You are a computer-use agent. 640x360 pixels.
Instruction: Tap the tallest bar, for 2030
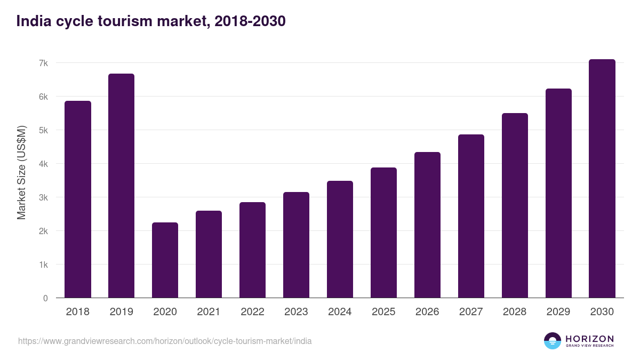(x=602, y=179)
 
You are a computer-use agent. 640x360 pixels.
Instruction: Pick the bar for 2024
(x=340, y=239)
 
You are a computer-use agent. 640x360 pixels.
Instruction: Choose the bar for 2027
(x=471, y=216)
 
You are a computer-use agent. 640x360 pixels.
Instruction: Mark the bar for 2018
(x=78, y=199)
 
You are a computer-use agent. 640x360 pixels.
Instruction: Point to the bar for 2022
(x=252, y=250)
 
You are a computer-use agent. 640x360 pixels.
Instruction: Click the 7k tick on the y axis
(x=43, y=63)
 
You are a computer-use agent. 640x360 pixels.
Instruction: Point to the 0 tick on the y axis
(x=45, y=298)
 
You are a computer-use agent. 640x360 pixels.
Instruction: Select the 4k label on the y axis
(x=43, y=164)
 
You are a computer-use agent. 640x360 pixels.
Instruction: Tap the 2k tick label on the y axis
(x=43, y=231)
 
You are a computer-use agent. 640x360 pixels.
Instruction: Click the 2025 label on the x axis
(x=383, y=312)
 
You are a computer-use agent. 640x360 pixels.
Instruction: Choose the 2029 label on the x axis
(x=558, y=312)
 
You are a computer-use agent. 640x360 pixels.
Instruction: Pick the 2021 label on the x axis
(x=209, y=312)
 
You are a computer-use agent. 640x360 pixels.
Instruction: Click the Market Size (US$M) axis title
(x=21, y=172)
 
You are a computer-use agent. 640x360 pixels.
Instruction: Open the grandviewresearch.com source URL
(x=165, y=341)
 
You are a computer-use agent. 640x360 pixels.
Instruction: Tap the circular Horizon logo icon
(x=553, y=341)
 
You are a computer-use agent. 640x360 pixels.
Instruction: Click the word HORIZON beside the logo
(x=589, y=338)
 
